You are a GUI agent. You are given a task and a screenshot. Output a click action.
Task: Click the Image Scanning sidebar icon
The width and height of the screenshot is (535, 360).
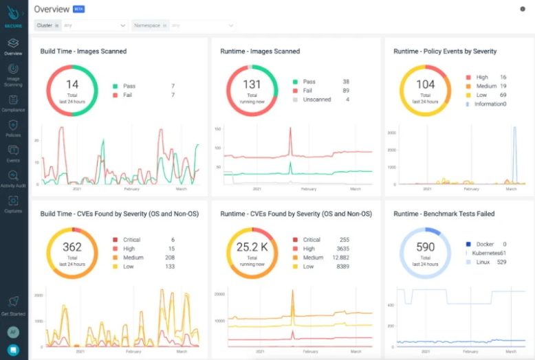coord(13,71)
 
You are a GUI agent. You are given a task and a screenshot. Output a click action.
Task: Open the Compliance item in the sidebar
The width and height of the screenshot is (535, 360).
coord(13,101)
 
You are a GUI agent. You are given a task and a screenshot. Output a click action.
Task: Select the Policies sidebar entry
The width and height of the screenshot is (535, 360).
coord(13,126)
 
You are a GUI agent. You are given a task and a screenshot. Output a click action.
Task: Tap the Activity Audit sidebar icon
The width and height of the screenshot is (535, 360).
coord(13,177)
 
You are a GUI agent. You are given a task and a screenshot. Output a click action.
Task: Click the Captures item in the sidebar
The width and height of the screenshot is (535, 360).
coord(13,202)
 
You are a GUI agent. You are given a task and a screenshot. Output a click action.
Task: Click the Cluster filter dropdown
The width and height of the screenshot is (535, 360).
coord(80,25)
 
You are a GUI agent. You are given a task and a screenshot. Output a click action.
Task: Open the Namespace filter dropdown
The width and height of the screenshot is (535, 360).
coord(182,25)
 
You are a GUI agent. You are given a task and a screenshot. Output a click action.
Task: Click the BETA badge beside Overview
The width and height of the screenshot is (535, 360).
coord(78,10)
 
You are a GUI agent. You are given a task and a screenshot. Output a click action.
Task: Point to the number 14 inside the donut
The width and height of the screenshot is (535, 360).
coord(72,85)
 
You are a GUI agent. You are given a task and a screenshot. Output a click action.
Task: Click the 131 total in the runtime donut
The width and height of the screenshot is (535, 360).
coord(252,85)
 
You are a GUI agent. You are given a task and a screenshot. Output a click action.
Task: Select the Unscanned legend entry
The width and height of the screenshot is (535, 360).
coord(316,100)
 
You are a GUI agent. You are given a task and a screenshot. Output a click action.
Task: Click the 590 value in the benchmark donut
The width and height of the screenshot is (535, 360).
coord(425,247)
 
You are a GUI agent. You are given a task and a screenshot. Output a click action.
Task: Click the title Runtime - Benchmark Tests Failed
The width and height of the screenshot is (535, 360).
coord(444,214)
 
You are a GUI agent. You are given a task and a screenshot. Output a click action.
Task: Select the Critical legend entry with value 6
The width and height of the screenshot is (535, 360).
coord(133,240)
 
